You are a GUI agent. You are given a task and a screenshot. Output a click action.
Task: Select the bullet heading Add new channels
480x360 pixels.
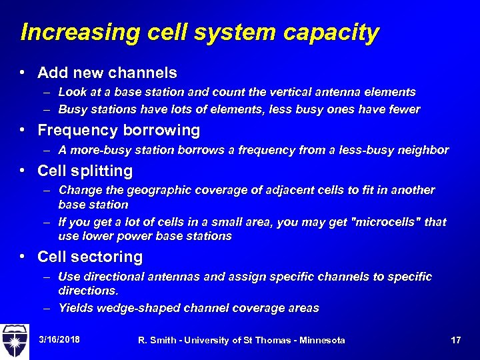tap(107, 72)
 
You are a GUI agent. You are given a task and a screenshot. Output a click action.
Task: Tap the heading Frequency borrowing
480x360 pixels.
tap(119, 130)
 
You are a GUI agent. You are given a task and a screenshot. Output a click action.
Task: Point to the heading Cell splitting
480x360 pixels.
tap(85, 171)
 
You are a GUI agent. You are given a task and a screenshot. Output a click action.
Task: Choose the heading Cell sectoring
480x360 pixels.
tap(90, 257)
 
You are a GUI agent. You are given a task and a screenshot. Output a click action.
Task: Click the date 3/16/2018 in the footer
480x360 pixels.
tap(59, 340)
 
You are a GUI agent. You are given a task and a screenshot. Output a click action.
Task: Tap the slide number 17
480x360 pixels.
tap(456, 341)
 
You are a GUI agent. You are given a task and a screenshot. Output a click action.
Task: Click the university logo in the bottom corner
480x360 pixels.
tap(15, 341)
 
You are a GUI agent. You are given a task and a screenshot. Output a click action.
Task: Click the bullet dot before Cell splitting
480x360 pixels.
tap(23, 171)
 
